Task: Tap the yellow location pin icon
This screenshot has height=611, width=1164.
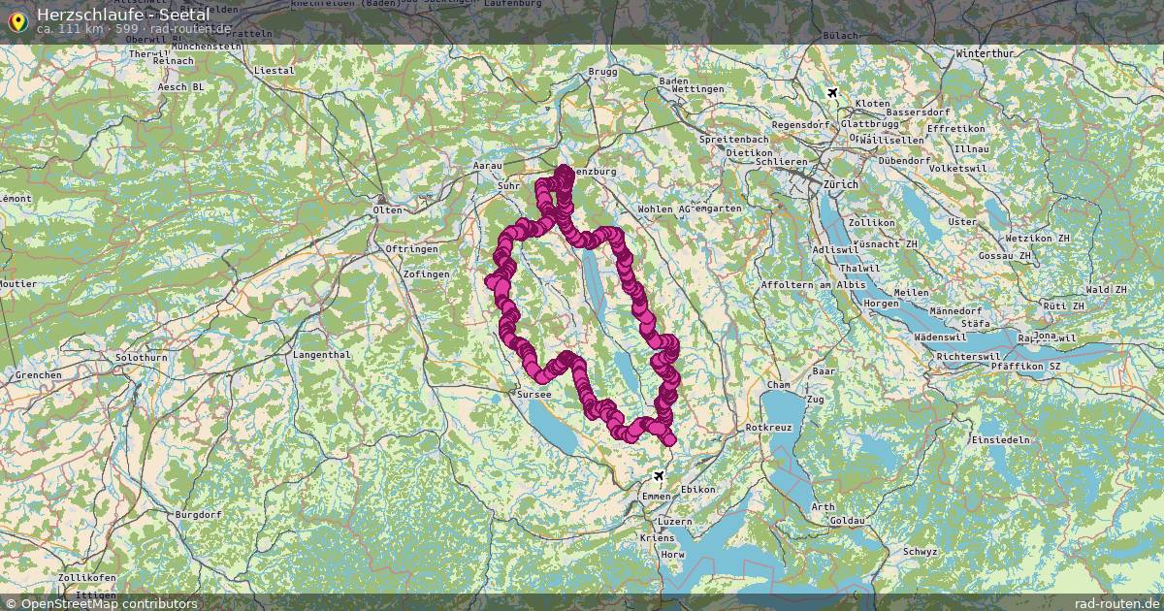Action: click(16, 21)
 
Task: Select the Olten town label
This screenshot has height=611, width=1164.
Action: click(387, 209)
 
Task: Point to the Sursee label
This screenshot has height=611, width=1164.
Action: click(534, 395)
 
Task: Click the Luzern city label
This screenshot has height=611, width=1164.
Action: click(676, 521)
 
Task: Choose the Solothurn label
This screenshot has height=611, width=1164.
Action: click(142, 358)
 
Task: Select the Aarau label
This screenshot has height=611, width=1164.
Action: click(487, 167)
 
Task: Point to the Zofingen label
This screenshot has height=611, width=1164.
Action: click(425, 274)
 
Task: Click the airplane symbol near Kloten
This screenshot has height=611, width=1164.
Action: click(832, 92)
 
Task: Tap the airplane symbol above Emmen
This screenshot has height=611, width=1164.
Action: click(660, 476)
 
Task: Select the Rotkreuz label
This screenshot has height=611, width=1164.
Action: click(768, 427)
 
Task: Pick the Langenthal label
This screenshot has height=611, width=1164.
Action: click(321, 355)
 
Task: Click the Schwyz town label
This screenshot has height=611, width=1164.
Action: click(920, 551)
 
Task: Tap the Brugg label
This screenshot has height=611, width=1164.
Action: click(602, 73)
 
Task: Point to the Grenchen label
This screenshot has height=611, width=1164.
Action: click(39, 374)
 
